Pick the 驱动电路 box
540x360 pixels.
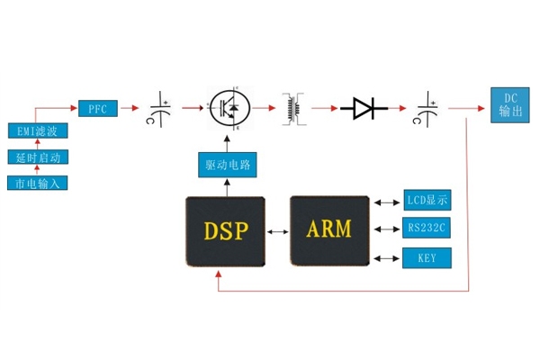click(x=225, y=166)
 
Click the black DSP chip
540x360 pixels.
click(x=224, y=230)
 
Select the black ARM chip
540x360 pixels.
click(x=330, y=230)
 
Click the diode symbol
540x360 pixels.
click(x=364, y=109)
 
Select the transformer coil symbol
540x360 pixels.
click(x=293, y=108)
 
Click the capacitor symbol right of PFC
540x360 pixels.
click(x=163, y=109)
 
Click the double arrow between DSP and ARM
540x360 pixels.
click(x=277, y=231)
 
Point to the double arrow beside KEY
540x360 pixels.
click(x=388, y=259)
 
